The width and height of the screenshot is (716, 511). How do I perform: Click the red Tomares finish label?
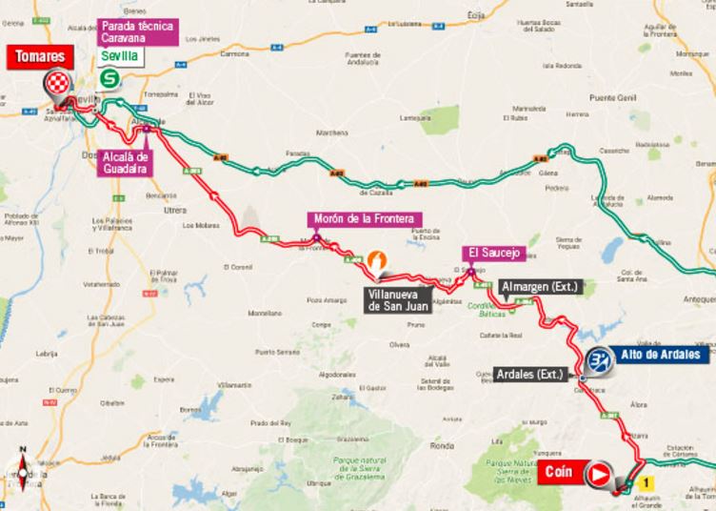[39, 56]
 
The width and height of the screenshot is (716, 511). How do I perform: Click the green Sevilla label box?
[119, 56]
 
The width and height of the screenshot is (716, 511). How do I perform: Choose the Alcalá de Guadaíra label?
[127, 162]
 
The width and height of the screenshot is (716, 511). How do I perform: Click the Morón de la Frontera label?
[362, 218]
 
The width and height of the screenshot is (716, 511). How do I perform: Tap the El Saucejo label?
[493, 253]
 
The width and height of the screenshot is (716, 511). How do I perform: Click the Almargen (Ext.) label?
[538, 286]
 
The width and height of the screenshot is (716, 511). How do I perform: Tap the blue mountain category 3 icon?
[599, 360]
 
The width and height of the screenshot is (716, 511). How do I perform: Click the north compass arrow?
[20, 456]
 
